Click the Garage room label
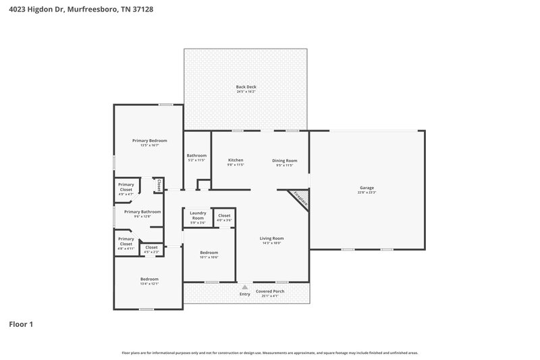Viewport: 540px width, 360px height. coord(367,188)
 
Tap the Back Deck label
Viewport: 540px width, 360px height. coord(246,86)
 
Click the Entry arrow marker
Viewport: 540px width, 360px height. coord(244,287)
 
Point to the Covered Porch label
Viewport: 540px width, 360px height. coord(269,291)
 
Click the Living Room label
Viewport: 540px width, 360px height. coord(272,238)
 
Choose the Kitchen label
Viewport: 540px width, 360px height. coord(235,160)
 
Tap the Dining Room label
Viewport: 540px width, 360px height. coord(284,160)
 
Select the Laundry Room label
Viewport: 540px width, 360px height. coord(197,215)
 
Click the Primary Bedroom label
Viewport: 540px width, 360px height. coord(148,140)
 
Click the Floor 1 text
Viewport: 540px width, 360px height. coord(21,324)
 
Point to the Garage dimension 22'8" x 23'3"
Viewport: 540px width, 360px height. coord(367,192)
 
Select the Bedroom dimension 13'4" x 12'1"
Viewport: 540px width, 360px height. coord(149,284)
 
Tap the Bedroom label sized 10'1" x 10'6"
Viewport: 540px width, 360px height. coord(209,253)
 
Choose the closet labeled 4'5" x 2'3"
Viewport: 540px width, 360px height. coord(151,248)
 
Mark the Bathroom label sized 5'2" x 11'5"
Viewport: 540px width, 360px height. coord(196,156)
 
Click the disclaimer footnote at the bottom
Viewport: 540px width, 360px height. coord(269,353)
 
